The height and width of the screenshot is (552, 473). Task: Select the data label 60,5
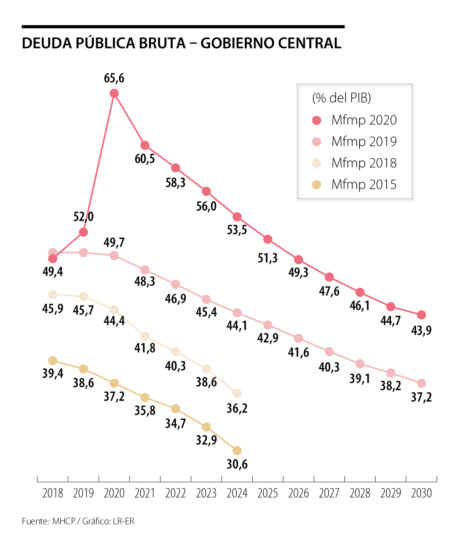145,159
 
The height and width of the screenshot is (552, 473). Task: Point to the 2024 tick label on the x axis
237,493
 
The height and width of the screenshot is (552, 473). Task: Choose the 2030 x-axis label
421,493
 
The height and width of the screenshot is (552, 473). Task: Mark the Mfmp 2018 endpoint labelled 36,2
237,394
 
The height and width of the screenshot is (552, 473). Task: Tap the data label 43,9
421,330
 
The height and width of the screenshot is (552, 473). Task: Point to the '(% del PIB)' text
341,98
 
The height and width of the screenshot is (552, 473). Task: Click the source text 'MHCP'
64,521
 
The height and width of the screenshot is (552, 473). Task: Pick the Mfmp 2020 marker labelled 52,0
83,232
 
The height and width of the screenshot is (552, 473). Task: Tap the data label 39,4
53,373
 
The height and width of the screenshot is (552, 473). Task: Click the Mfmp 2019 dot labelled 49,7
114,256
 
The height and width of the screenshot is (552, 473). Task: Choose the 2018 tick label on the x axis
53,493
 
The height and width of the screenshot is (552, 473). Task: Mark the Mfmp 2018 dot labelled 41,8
145,336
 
